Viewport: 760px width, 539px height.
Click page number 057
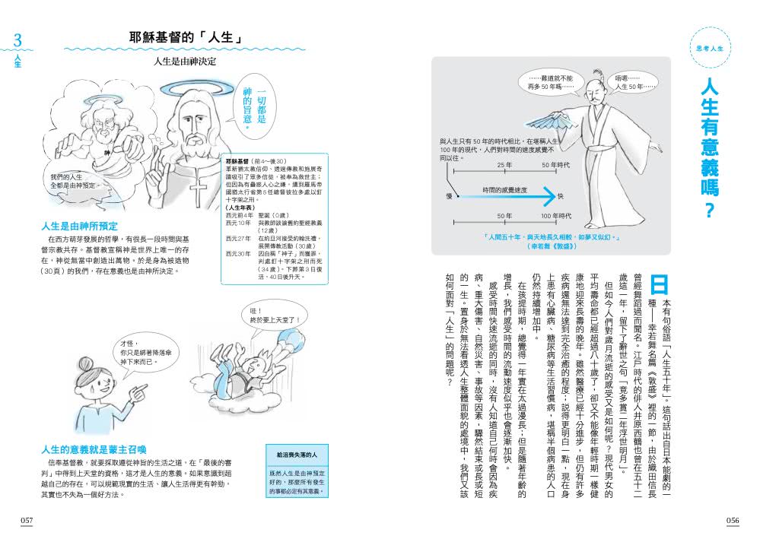[x=28, y=519]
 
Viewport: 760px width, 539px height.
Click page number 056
[x=732, y=519]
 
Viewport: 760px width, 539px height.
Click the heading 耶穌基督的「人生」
[x=186, y=37]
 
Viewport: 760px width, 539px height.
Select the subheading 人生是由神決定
[x=185, y=60]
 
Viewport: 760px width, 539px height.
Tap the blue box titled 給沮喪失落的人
[x=295, y=476]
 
